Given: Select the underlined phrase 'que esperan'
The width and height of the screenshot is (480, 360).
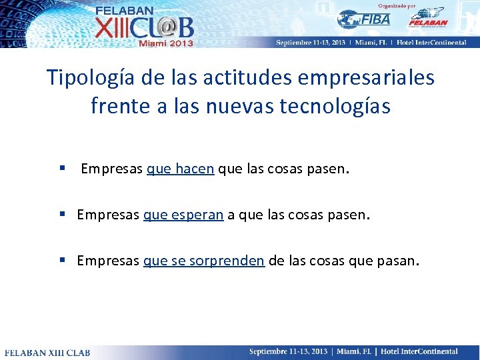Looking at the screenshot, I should [183, 215].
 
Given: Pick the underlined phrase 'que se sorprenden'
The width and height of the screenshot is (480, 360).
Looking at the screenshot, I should [203, 261].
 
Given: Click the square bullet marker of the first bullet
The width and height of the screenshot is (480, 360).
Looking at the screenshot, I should [61, 169].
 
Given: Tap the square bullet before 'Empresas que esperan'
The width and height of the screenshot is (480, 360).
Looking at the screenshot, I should [61, 215].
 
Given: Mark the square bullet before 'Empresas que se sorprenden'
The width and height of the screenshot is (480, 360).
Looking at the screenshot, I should [61, 261].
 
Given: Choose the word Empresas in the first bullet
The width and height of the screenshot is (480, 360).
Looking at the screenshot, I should [111, 169].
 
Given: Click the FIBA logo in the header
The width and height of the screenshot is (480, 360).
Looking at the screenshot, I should [364, 19].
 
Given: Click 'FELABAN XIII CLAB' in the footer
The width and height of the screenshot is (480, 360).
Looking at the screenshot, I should [47, 352].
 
